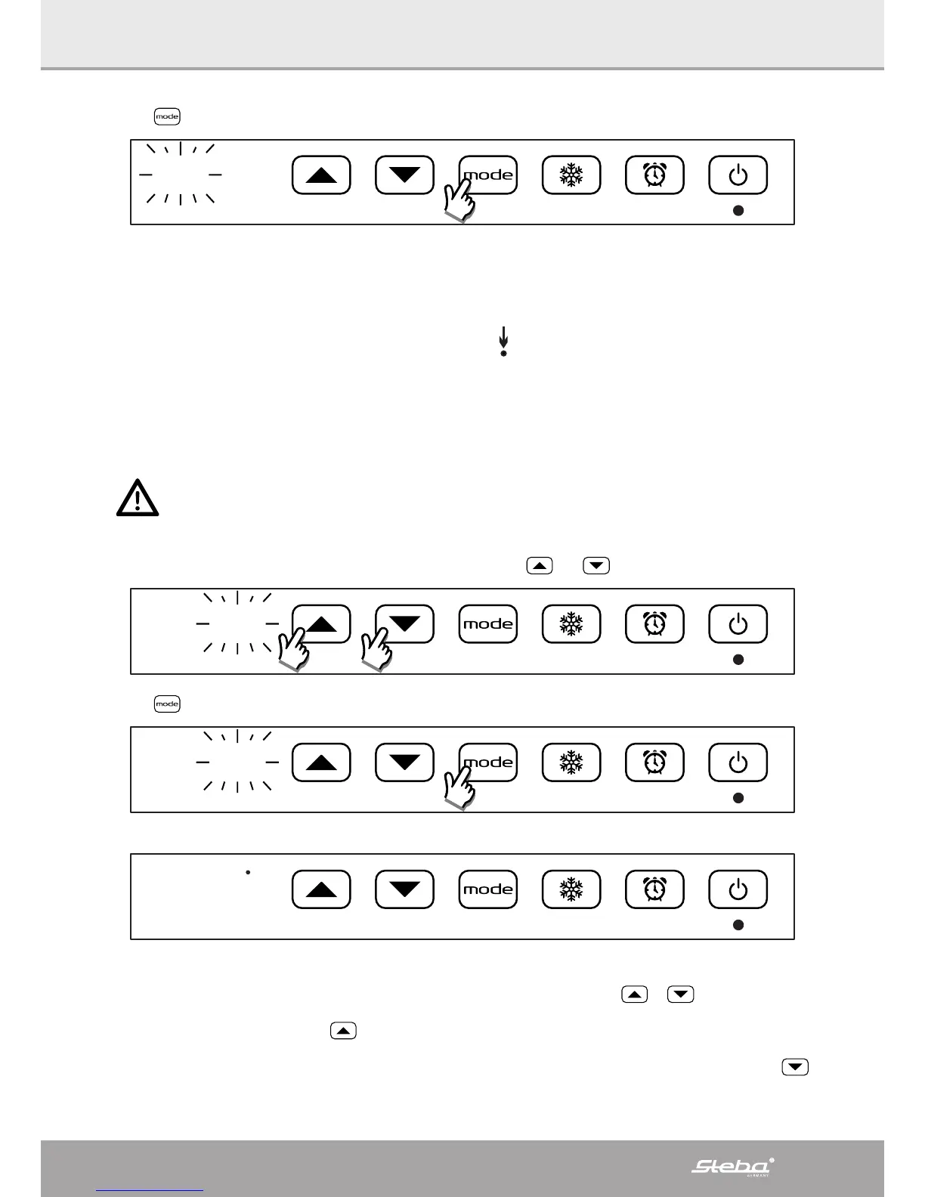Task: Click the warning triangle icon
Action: tap(138, 498)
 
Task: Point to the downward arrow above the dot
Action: tap(503, 337)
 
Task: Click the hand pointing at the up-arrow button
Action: tap(295, 651)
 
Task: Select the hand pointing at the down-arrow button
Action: tap(378, 651)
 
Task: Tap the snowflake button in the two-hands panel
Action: tap(571, 624)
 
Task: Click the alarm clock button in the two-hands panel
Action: tap(654, 624)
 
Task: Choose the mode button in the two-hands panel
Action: tap(488, 624)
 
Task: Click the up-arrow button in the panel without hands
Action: tap(321, 889)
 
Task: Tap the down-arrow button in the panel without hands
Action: tap(405, 889)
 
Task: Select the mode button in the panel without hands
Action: tap(488, 889)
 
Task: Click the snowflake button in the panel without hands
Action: tap(571, 889)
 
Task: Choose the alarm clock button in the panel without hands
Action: tap(654, 889)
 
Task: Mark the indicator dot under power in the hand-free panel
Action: tap(739, 925)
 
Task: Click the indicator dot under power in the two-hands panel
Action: tap(739, 660)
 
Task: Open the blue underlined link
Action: tap(150, 1191)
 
